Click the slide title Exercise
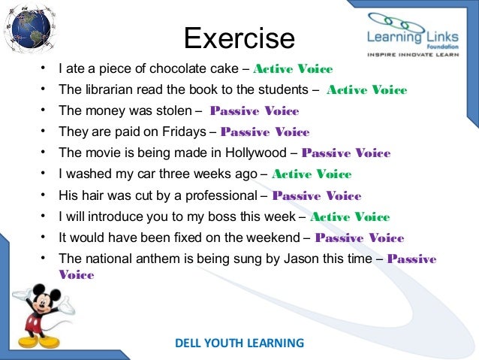click(x=239, y=38)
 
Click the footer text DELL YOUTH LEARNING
click(x=239, y=343)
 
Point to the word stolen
click(x=171, y=111)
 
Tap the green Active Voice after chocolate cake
click(x=294, y=69)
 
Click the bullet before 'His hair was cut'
click(x=44, y=195)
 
